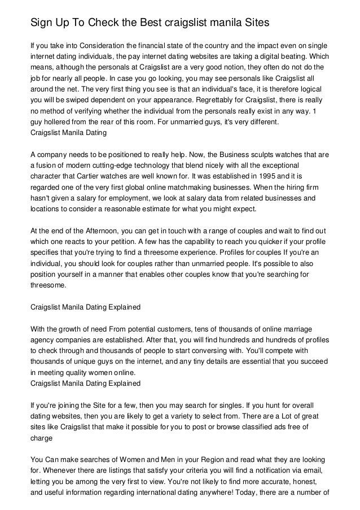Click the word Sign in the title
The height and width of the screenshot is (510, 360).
[x=41, y=23]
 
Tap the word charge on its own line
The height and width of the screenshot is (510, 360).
[x=41, y=438]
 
